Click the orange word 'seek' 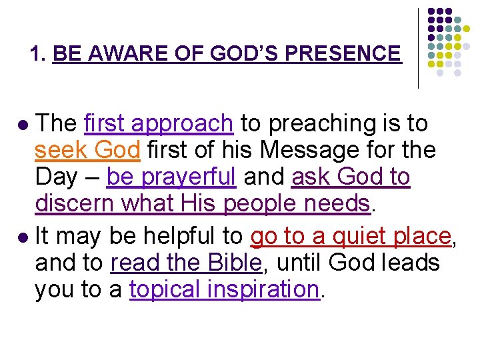tap(62, 151)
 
